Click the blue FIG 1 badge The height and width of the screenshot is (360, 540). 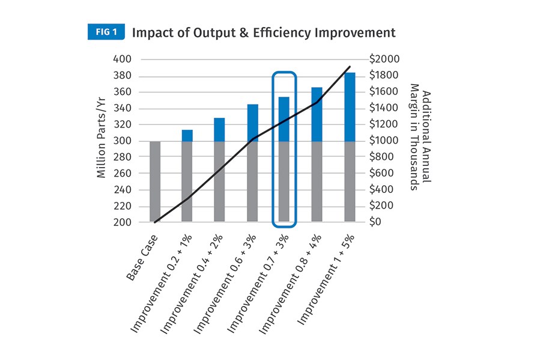(x=106, y=32)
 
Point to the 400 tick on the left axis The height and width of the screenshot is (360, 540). (x=123, y=59)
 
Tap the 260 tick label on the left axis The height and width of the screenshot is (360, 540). (x=123, y=173)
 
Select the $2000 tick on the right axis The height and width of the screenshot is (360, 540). (x=384, y=59)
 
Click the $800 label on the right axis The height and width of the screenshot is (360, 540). (x=381, y=157)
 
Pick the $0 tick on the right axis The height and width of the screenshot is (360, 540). (x=375, y=222)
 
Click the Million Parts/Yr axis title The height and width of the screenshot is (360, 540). (x=101, y=138)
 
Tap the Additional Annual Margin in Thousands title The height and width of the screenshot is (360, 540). (x=420, y=137)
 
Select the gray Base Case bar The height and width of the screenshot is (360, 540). (x=155, y=182)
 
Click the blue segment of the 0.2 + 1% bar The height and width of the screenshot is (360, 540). (x=187, y=135)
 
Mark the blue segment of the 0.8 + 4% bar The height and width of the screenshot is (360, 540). (x=317, y=114)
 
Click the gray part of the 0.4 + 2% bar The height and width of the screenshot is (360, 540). (x=219, y=182)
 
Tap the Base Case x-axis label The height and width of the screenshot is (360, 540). (x=142, y=257)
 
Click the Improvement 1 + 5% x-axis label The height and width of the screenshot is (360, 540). (x=326, y=279)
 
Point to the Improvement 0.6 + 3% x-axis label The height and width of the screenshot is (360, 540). (x=225, y=284)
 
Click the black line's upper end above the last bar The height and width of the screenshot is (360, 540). (x=350, y=67)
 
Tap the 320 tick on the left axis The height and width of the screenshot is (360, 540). (x=123, y=124)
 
